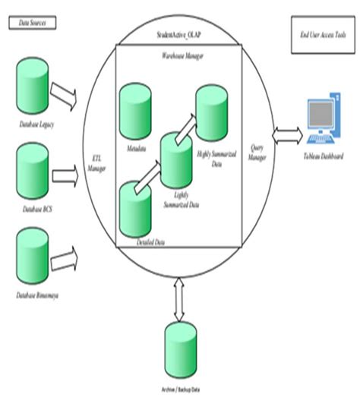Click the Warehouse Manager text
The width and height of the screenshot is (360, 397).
179,55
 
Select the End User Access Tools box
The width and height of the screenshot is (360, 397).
319,36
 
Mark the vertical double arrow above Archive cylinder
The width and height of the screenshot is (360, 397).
179,297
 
